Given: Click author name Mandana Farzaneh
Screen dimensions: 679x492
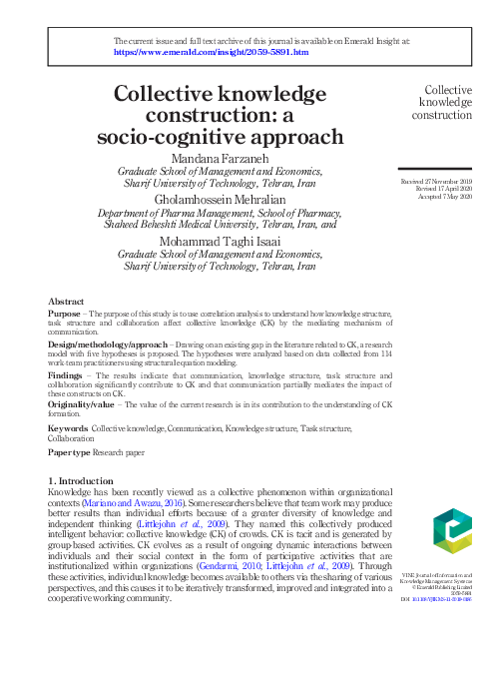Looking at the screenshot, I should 232,158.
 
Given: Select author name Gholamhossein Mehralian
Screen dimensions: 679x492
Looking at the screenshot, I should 232,199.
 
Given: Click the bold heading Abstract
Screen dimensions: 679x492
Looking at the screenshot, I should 66,301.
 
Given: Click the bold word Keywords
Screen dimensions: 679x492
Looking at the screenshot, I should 69,428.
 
